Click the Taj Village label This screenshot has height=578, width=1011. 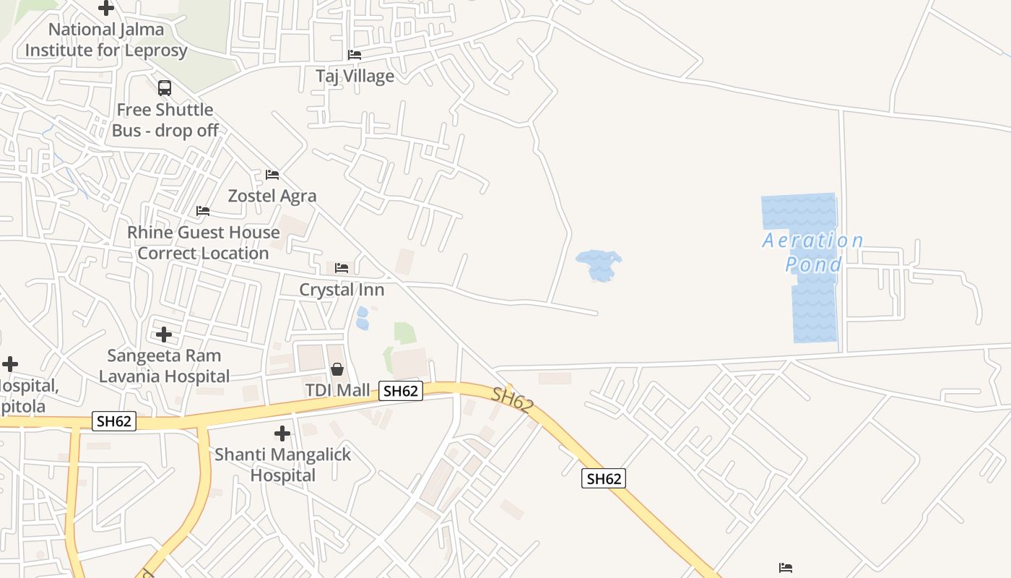[x=355, y=76]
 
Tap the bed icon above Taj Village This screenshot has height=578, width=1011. [x=355, y=54]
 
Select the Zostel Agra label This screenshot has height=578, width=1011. [x=272, y=196]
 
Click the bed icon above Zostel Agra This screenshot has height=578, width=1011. [x=272, y=175]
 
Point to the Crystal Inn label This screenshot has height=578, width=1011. [x=342, y=290]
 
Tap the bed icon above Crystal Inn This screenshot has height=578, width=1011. [x=342, y=268]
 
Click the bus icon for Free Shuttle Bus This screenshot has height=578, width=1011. [x=165, y=88]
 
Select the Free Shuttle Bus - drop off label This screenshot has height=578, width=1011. [x=165, y=120]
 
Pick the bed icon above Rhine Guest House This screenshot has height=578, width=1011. [x=203, y=211]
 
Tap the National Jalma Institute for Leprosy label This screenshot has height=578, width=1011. [x=106, y=40]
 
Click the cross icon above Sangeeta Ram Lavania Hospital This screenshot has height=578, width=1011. [x=164, y=335]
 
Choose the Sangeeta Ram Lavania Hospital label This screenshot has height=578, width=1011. [x=164, y=366]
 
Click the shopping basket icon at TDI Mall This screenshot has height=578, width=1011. [x=337, y=370]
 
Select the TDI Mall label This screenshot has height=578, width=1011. [x=337, y=391]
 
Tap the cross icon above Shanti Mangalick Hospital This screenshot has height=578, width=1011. [x=282, y=433]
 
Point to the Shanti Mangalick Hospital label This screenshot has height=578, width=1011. [x=282, y=465]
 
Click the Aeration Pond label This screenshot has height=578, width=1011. [x=813, y=252]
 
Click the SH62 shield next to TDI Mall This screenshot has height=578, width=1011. [x=400, y=391]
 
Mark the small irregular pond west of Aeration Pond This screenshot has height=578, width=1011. [x=599, y=264]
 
